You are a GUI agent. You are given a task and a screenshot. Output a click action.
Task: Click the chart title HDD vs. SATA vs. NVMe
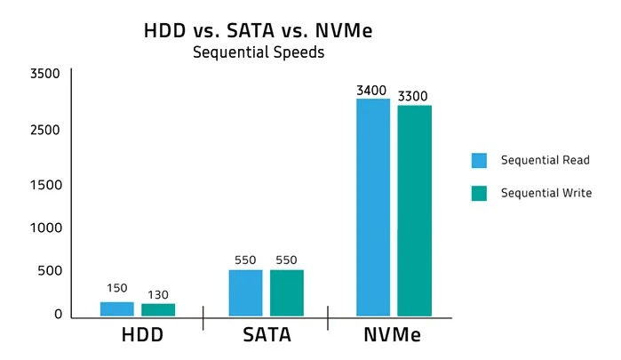pyautogui.click(x=258, y=30)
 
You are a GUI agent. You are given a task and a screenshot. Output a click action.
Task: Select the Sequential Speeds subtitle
pyautogui.click(x=259, y=52)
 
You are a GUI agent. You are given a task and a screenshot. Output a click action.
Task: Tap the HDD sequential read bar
pyautogui.click(x=117, y=308)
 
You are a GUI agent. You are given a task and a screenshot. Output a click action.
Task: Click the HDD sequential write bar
pyautogui.click(x=158, y=309)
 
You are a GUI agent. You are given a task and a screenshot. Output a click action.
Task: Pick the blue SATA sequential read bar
pyautogui.click(x=245, y=292)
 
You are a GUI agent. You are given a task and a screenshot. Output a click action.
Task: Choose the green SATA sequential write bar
pyautogui.click(x=287, y=292)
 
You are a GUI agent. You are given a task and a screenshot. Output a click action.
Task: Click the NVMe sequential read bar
pyautogui.click(x=373, y=206)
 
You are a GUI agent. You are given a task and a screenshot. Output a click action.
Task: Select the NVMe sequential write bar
pyautogui.click(x=414, y=210)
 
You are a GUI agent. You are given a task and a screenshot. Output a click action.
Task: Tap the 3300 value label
pyautogui.click(x=414, y=95)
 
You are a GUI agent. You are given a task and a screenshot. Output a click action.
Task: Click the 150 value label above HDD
pyautogui.click(x=117, y=289)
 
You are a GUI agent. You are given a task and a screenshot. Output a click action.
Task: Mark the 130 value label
pyautogui.click(x=158, y=294)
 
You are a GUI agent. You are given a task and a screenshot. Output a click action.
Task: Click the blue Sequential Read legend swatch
pyautogui.click(x=479, y=161)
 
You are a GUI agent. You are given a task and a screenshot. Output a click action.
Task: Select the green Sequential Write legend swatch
pyautogui.click(x=479, y=193)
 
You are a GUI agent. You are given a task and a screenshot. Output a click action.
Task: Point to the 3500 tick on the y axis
pyautogui.click(x=44, y=74)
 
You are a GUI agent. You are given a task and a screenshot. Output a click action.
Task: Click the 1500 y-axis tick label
pyautogui.click(x=44, y=185)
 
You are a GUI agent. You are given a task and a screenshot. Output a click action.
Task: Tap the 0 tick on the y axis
pyautogui.click(x=58, y=314)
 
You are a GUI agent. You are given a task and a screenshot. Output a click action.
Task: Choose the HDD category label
pyautogui.click(x=142, y=337)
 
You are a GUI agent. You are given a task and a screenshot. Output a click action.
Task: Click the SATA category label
pyautogui.click(x=267, y=337)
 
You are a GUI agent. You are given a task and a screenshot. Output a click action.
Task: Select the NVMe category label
pyautogui.click(x=392, y=337)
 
